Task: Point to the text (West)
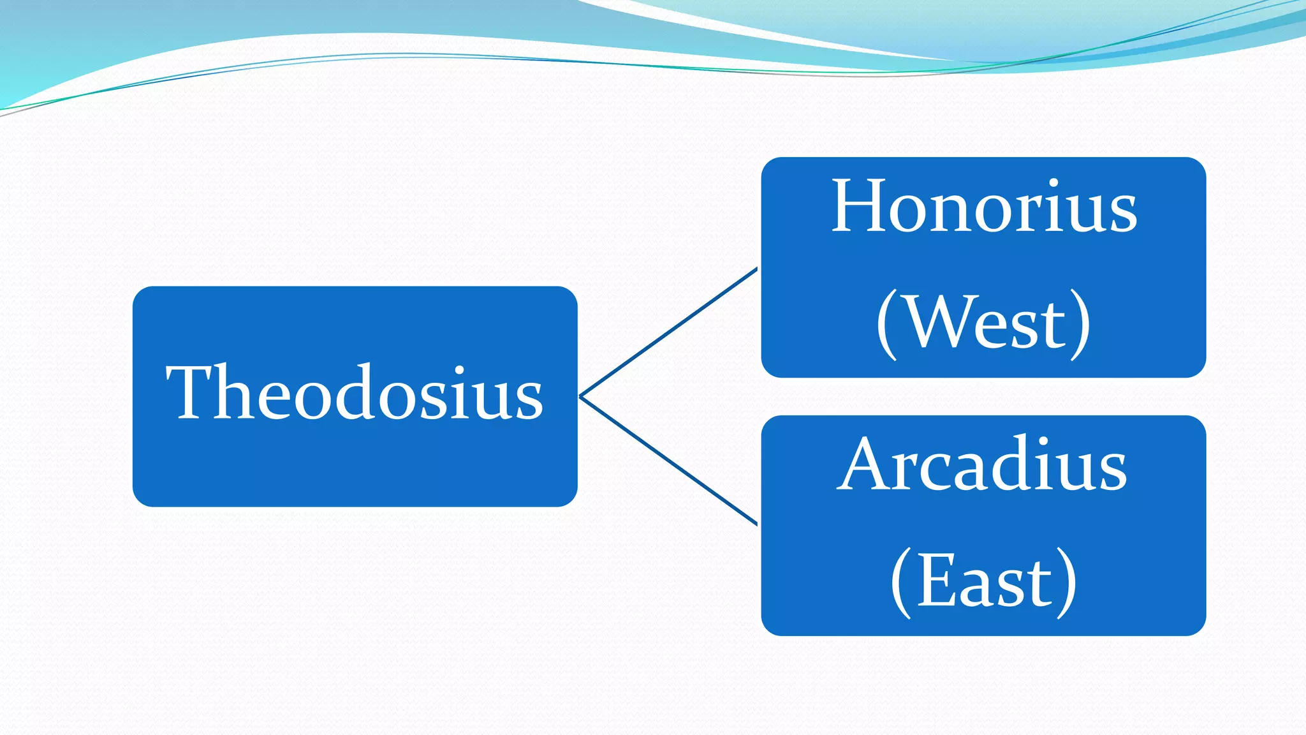(983, 323)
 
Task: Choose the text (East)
(983, 581)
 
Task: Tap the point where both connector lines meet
(580, 396)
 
